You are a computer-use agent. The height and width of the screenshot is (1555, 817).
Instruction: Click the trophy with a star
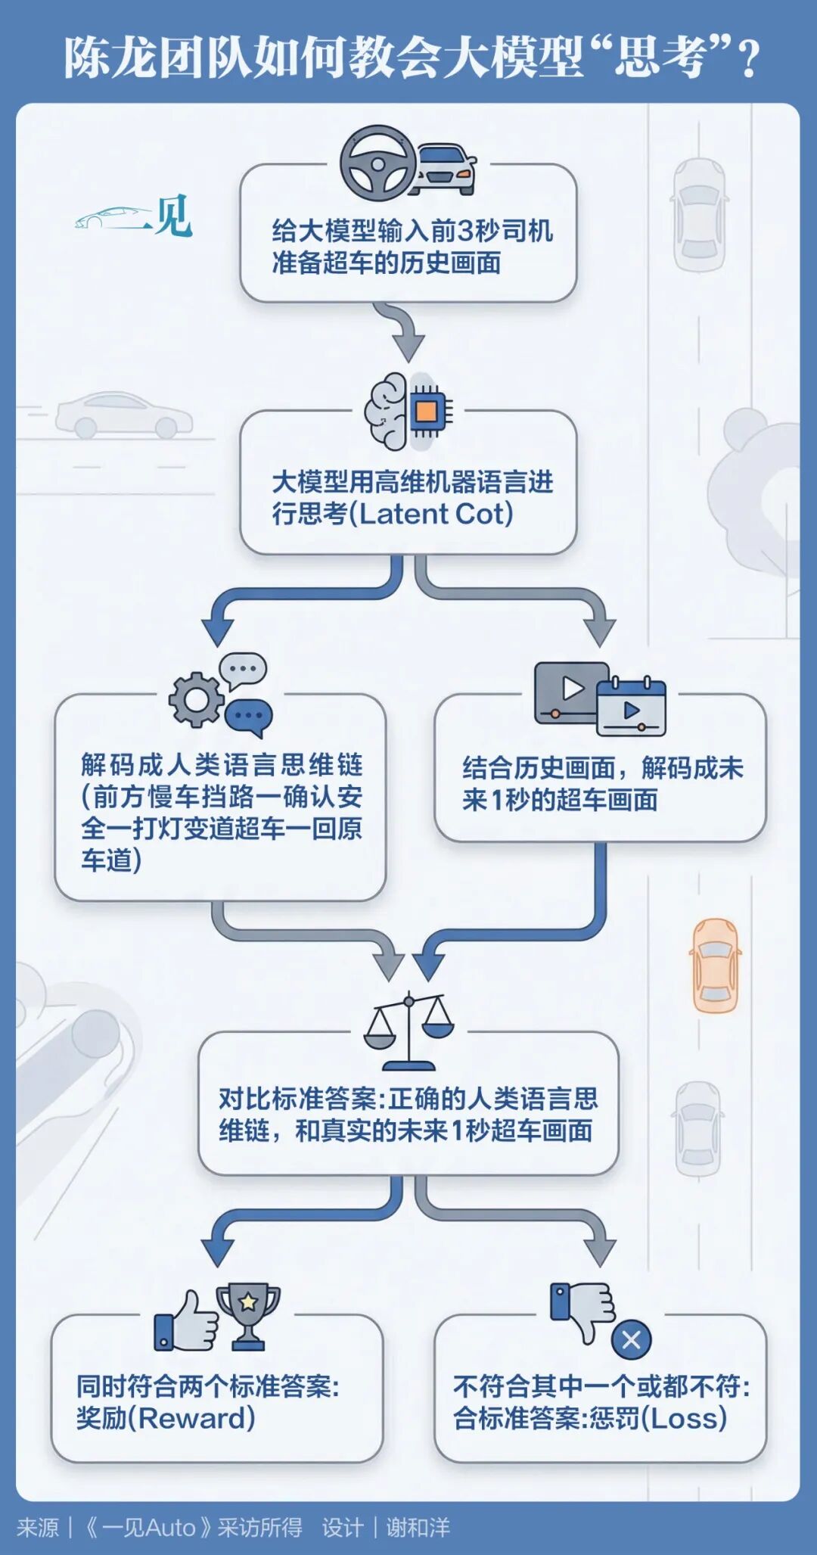(248, 1315)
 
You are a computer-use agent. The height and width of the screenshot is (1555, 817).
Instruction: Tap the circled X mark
(631, 1339)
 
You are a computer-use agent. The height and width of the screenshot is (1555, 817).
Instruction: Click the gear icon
(195, 699)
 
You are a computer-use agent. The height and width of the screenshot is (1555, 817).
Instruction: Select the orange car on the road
(714, 965)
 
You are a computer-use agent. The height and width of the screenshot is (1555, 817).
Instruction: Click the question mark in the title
(749, 59)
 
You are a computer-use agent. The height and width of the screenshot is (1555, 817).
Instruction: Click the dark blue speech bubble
(249, 716)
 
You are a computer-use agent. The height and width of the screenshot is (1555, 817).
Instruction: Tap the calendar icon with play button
(632, 708)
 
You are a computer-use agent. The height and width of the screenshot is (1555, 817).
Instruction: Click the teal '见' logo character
(173, 216)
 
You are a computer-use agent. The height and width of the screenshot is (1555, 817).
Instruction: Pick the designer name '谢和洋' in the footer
(418, 1527)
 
